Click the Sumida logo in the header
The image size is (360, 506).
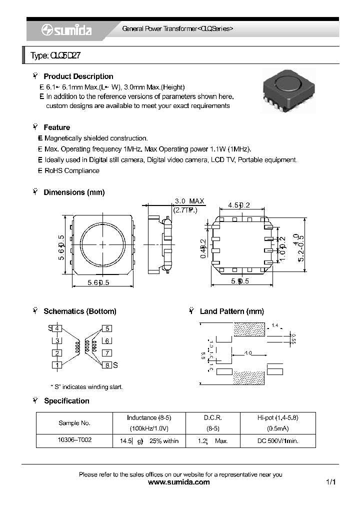[66, 30]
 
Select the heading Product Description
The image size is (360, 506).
[78, 76]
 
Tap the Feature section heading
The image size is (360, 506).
[56, 127]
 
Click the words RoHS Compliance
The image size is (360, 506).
[72, 170]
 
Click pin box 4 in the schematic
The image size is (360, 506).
[58, 328]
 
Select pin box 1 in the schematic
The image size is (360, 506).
[58, 365]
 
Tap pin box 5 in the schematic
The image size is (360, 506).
[107, 328]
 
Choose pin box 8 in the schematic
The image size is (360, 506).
[107, 365]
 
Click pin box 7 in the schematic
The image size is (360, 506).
[107, 353]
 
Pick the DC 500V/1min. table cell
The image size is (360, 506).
[278, 441]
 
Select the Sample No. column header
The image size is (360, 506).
[74, 423]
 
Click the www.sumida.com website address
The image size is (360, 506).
[179, 482]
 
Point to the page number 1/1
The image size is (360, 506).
[330, 482]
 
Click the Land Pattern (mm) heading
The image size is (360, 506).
[231, 311]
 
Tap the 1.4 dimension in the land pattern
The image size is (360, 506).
[274, 325]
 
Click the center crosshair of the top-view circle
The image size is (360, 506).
[103, 244]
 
